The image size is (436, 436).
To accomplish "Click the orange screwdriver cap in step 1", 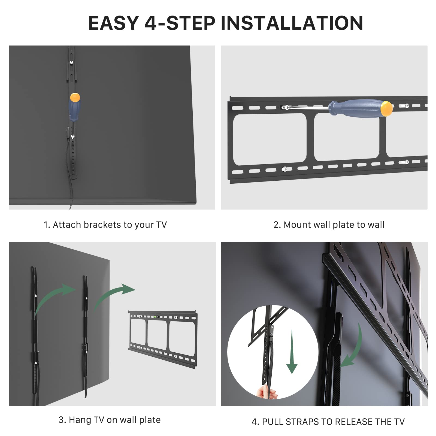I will coord(75,97).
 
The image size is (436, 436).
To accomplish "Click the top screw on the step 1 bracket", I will coord(71,62).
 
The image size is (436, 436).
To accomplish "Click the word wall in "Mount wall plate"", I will coord(320,225).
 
